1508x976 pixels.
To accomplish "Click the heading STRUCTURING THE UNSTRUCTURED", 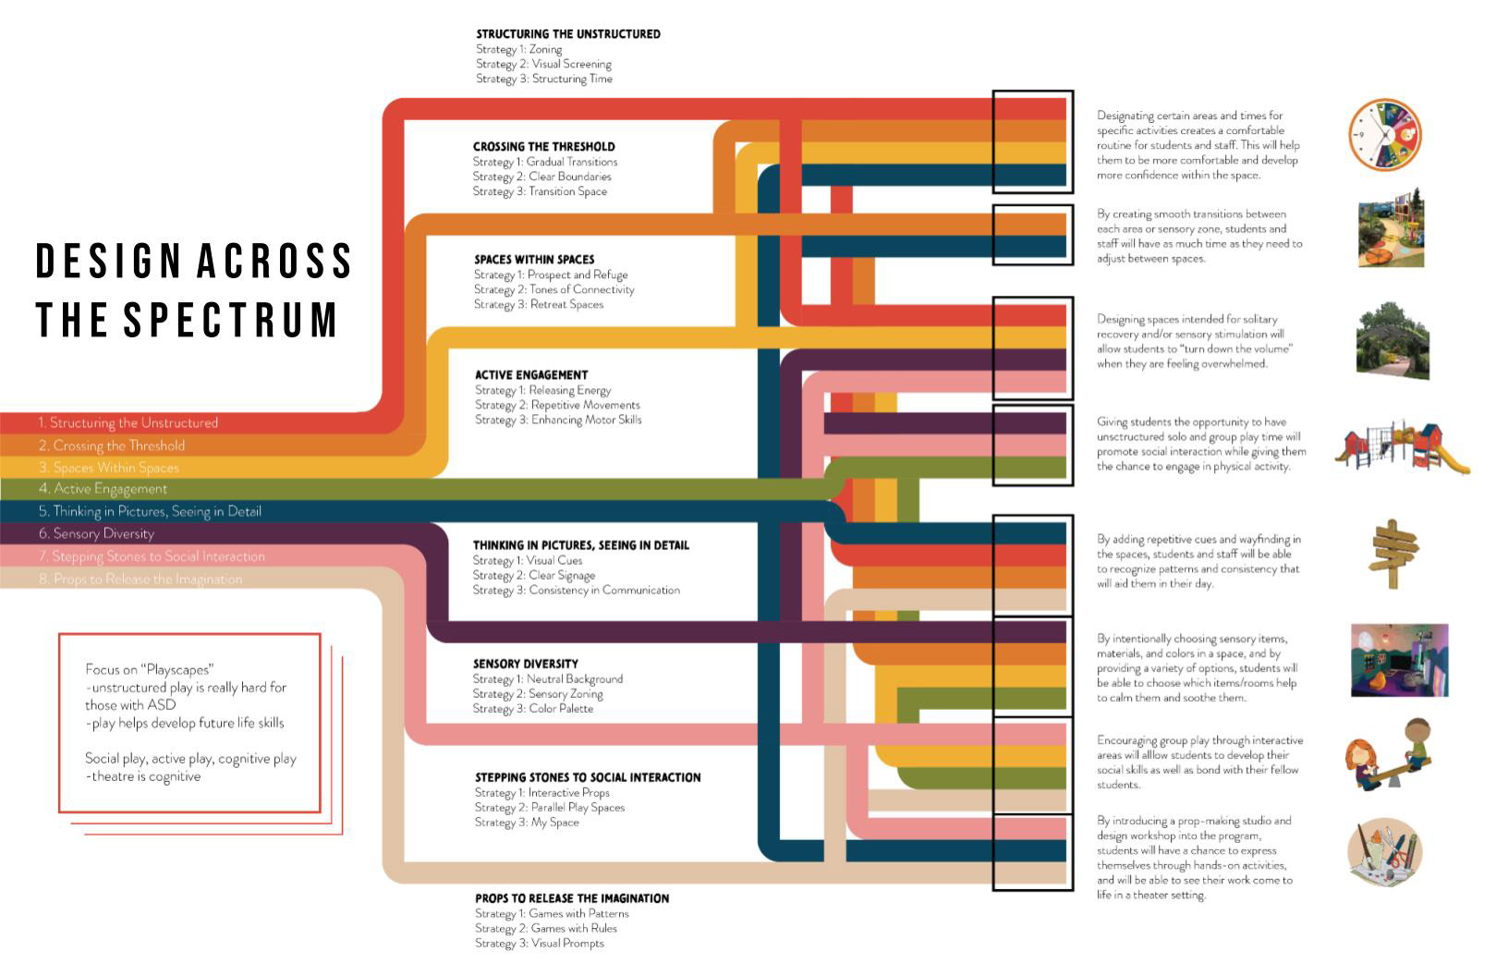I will click(568, 34).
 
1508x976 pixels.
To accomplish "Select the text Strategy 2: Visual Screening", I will click(543, 65).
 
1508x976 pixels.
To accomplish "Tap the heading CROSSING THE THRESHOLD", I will click(543, 147).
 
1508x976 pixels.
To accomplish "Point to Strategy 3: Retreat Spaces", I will click(539, 305).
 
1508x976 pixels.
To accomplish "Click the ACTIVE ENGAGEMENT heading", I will click(531, 375).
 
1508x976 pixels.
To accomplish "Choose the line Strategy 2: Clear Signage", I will click(534, 576).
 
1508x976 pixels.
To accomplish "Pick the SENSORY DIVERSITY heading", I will click(526, 664).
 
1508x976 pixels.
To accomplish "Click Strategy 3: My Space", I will click(527, 823).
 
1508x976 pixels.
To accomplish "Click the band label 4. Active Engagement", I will click(103, 489).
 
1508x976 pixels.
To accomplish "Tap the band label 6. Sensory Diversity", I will click(97, 533).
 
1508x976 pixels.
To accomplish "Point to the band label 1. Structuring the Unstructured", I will click(128, 423).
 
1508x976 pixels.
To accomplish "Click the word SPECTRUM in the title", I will click(231, 319).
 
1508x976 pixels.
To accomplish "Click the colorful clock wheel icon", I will click(1383, 136).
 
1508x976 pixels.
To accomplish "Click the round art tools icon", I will click(1383, 854).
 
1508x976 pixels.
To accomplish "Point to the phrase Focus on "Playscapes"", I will click(150, 669).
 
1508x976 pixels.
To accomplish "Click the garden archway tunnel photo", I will click(1392, 340).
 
